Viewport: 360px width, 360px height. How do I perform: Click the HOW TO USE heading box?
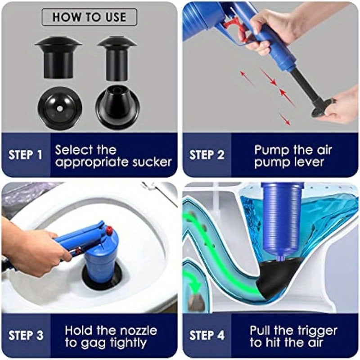(x=89, y=17)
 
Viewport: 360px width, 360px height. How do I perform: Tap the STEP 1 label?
(x=26, y=155)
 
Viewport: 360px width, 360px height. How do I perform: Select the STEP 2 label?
(x=207, y=155)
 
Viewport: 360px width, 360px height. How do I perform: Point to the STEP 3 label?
(x=26, y=336)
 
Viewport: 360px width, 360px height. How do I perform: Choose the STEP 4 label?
(x=207, y=336)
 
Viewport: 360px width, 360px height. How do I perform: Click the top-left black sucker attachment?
(x=58, y=57)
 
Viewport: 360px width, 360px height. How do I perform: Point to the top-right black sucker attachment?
(x=117, y=57)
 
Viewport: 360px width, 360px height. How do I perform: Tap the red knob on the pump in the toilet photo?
(x=109, y=230)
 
